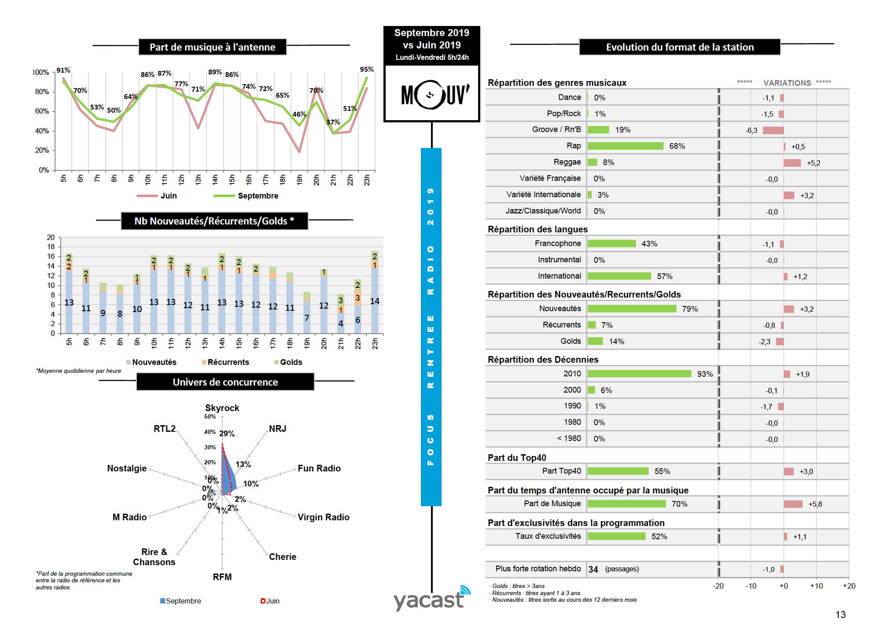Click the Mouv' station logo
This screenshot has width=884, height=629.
[432, 94]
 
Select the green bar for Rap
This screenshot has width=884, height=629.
[625, 146]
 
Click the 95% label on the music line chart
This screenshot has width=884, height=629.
[366, 70]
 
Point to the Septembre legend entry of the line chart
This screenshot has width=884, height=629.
[258, 196]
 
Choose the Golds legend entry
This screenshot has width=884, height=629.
[291, 362]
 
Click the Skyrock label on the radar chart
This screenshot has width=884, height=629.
[222, 408]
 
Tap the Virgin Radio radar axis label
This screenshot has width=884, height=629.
[323, 517]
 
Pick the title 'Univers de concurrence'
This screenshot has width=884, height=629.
[225, 382]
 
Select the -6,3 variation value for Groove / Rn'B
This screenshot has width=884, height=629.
[751, 131]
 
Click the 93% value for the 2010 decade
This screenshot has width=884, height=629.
[704, 374]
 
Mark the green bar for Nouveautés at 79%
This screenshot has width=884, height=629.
[632, 309]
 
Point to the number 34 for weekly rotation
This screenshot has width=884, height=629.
[593, 570]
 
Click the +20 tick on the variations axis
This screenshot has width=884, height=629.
[849, 586]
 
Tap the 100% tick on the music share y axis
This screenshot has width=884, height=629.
[41, 72]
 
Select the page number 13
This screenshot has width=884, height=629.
[840, 615]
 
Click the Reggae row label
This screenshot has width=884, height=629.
[567, 162]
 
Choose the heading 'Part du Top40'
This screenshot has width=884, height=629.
[517, 458]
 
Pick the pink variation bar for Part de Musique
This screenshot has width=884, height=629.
[793, 504]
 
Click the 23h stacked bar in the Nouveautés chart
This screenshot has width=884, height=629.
[375, 293]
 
